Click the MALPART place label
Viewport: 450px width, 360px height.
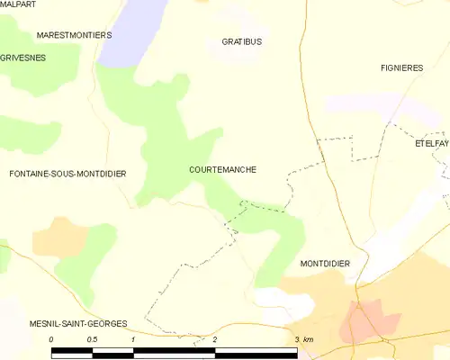pos(19,4)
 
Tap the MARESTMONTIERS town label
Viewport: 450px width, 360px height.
pos(74,34)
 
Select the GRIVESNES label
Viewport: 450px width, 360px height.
pos(22,57)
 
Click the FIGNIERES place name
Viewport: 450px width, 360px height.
pos(402,67)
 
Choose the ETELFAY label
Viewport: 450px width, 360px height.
pos(431,143)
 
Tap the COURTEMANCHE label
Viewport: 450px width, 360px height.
pos(223,168)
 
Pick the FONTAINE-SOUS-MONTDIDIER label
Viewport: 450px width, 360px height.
pos(67,173)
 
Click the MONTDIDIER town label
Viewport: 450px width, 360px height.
pos(323,263)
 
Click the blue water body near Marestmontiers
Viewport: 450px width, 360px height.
pos(135,31)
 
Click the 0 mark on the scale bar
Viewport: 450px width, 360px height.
pos(52,339)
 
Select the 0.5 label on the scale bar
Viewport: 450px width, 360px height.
pos(92,339)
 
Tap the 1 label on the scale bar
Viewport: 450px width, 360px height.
pos(133,339)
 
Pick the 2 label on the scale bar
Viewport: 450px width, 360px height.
pos(215,339)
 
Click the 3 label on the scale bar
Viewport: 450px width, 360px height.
pos(296,339)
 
